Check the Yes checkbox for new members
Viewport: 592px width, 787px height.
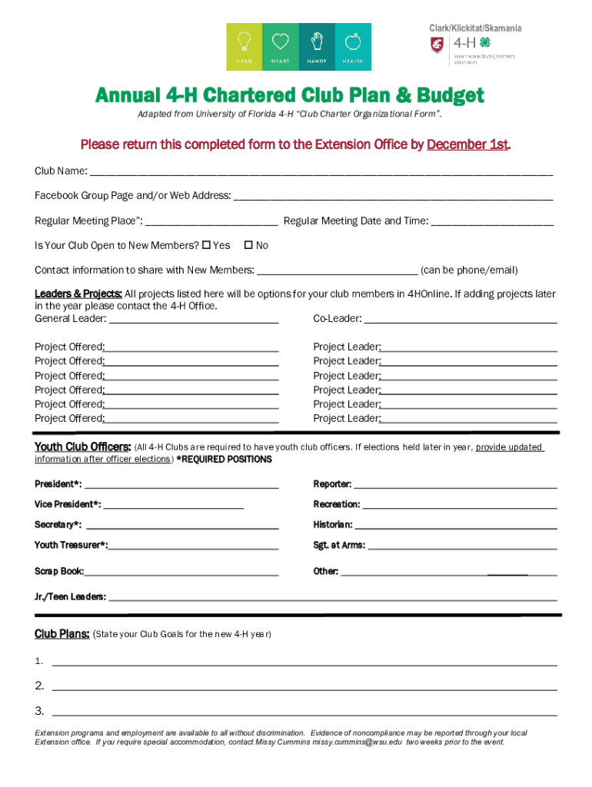206,246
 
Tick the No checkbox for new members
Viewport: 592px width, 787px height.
248,246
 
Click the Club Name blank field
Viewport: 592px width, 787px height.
321,172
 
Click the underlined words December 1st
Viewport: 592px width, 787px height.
467,144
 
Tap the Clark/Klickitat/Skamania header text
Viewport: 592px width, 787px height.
475,28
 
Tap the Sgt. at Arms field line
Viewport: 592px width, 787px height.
462,546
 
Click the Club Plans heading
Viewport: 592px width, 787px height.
62,634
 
